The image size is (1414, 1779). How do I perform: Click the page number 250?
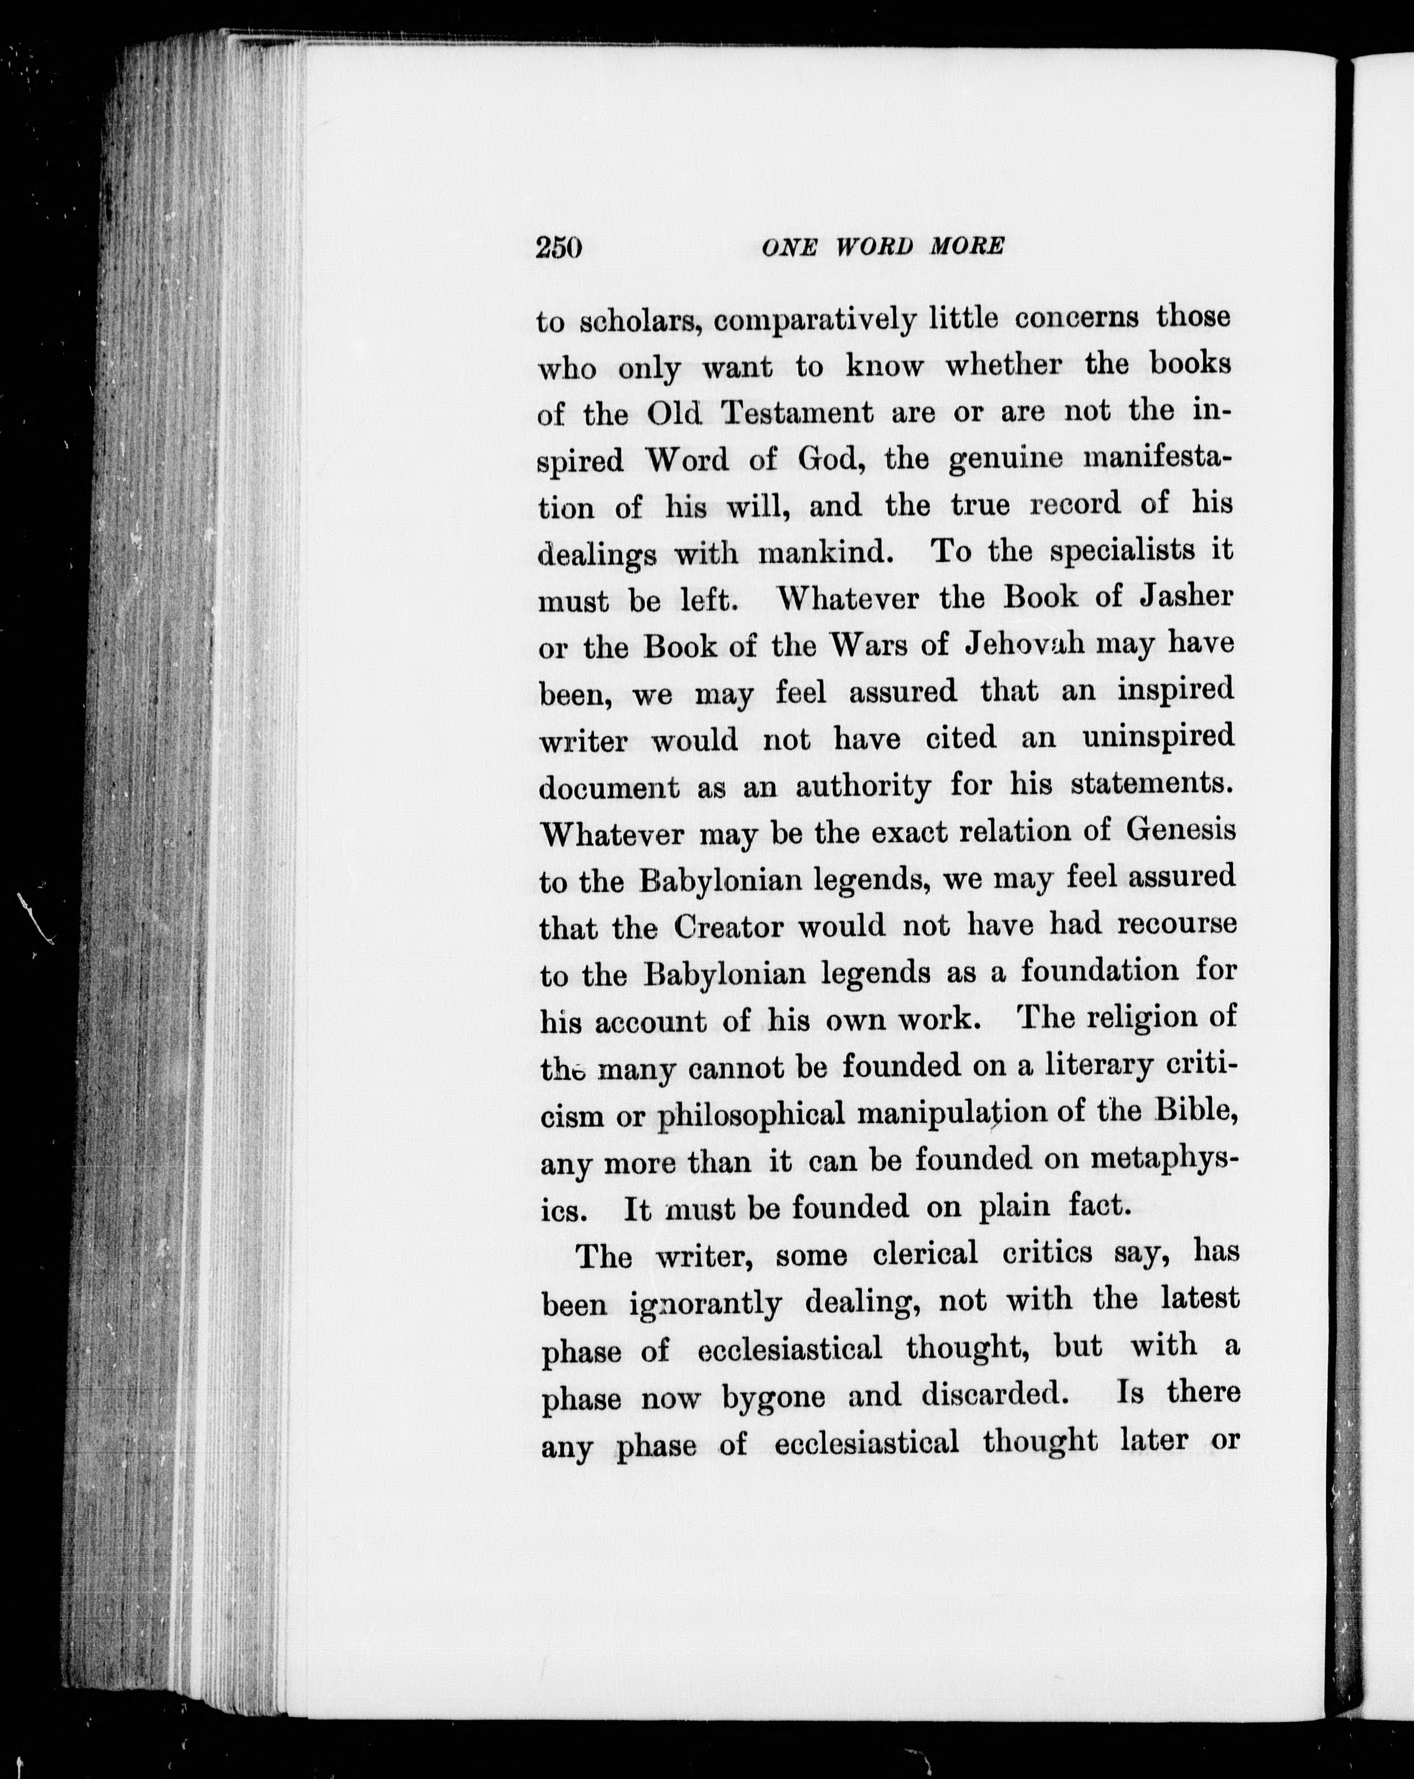point(559,248)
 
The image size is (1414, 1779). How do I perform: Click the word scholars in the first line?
point(640,322)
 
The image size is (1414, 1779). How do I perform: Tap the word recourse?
point(1177,924)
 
